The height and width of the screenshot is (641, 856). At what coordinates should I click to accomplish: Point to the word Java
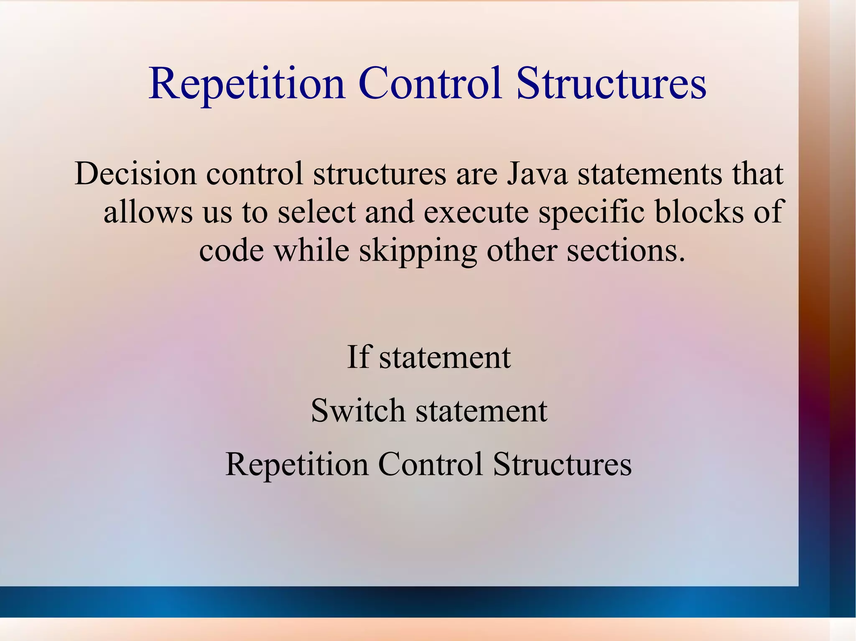[537, 174]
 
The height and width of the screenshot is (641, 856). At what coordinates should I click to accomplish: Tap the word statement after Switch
[481, 411]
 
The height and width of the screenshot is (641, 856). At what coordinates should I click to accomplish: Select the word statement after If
[445, 358]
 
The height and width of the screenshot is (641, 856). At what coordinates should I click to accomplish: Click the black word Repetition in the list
[297, 464]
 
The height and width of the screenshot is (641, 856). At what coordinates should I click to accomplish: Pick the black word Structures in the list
[562, 464]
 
